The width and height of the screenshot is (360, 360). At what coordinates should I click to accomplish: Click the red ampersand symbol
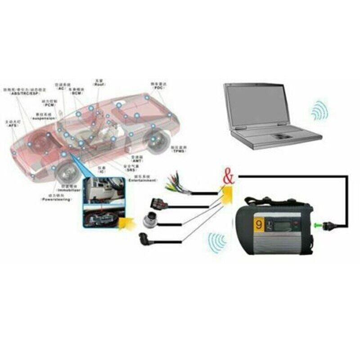[x=229, y=176]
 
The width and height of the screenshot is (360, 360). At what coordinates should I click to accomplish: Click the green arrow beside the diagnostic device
[x=319, y=224]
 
